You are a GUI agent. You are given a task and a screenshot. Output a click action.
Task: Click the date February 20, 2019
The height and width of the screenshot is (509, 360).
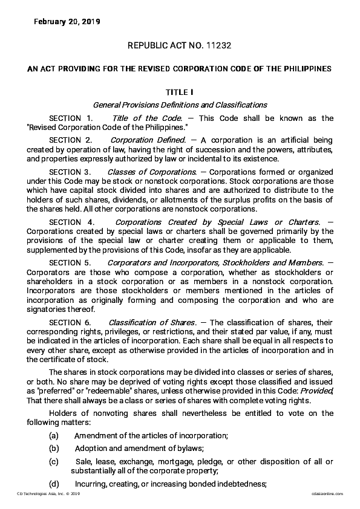pyautogui.click(x=67, y=22)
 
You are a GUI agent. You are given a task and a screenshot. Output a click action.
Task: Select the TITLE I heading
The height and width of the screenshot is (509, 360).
pyautogui.click(x=180, y=92)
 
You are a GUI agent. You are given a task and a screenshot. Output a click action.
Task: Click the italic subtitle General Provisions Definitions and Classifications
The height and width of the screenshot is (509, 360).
pyautogui.click(x=180, y=105)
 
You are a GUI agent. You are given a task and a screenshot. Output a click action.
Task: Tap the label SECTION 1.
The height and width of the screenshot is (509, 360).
pyautogui.click(x=71, y=118)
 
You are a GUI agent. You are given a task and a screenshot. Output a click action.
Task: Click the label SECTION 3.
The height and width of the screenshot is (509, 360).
pyautogui.click(x=71, y=172)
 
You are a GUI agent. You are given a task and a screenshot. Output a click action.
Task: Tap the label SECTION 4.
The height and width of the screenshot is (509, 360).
pyautogui.click(x=71, y=222)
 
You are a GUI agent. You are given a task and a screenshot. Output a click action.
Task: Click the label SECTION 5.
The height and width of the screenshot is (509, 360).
pyautogui.click(x=71, y=262)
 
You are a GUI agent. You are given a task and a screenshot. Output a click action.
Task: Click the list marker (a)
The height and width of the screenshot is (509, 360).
pyautogui.click(x=54, y=436)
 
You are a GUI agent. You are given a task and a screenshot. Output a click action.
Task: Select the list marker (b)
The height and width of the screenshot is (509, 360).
pyautogui.click(x=54, y=448)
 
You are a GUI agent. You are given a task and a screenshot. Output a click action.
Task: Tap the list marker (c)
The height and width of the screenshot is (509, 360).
pyautogui.click(x=54, y=462)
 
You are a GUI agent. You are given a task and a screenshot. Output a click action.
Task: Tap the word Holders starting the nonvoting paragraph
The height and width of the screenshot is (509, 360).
pyautogui.click(x=64, y=413)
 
